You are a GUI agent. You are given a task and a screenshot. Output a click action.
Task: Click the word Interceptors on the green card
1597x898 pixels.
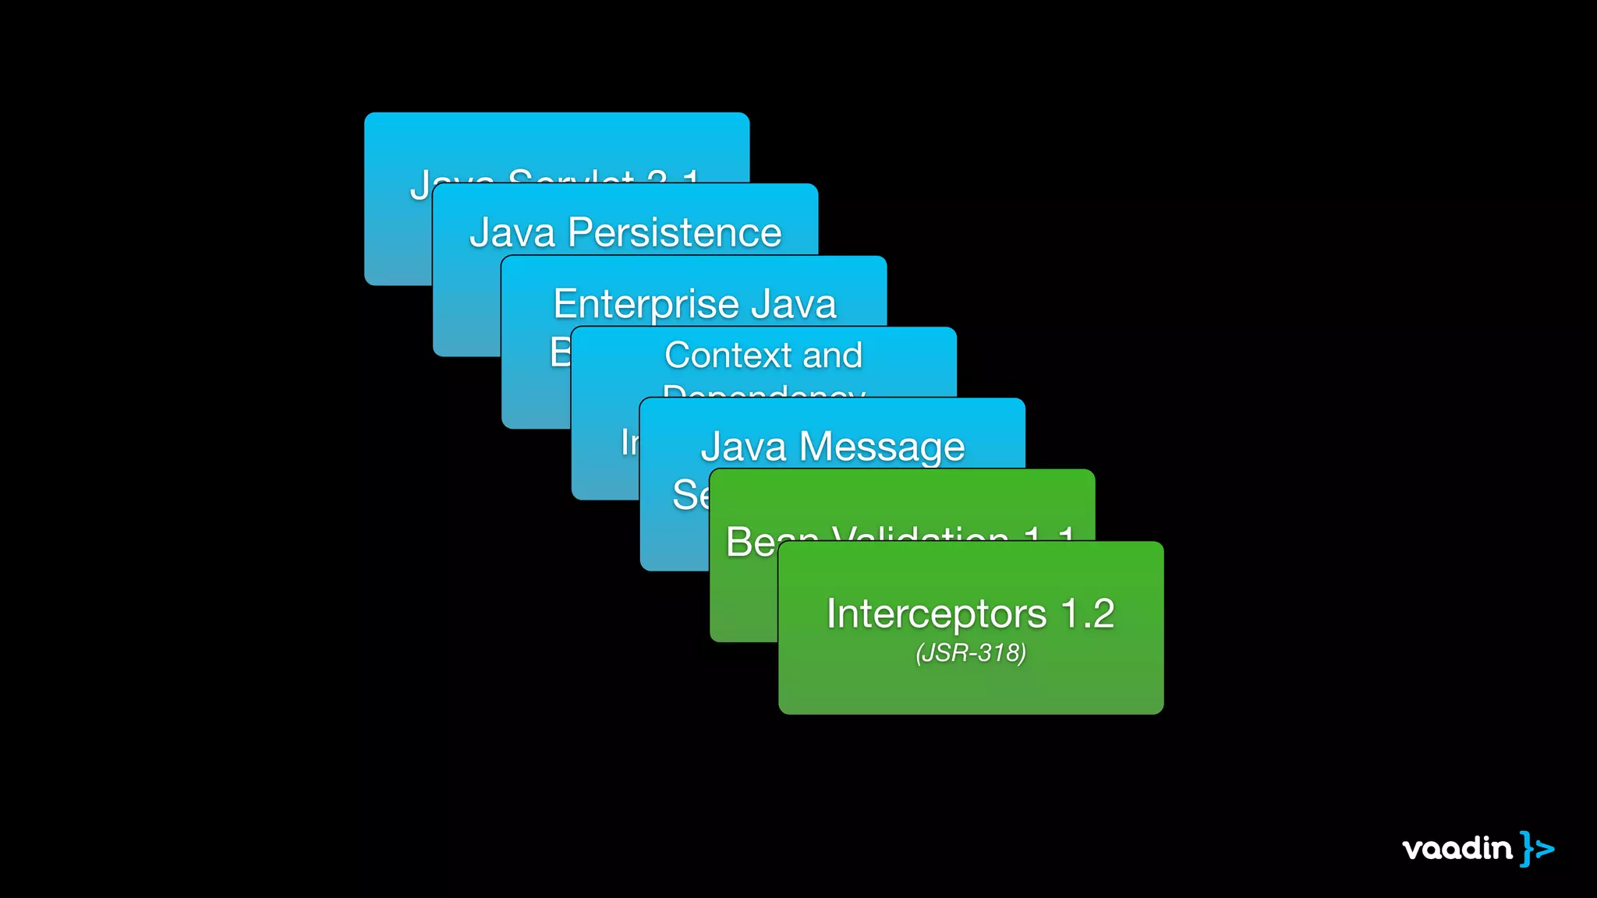pyautogui.click(x=936, y=614)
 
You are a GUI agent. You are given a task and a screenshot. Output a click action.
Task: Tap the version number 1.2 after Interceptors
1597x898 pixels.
pyautogui.click(x=1088, y=613)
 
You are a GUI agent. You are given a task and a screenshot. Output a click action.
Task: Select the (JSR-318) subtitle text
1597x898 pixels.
pyautogui.click(x=971, y=652)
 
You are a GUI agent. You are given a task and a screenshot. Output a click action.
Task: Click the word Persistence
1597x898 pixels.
pyautogui.click(x=675, y=233)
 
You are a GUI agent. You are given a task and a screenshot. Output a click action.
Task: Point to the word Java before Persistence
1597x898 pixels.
pyautogui.click(x=512, y=233)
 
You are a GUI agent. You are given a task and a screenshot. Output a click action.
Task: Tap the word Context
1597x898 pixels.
pyautogui.click(x=728, y=355)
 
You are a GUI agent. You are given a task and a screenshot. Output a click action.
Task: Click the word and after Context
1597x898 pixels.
pyautogui.click(x=833, y=355)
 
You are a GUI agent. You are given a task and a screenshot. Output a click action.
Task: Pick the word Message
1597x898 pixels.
pyautogui.click(x=882, y=447)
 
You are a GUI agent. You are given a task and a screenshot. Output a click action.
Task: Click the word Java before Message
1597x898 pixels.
pyautogui.click(x=743, y=447)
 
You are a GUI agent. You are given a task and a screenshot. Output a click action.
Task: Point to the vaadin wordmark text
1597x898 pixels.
pyautogui.click(x=1457, y=848)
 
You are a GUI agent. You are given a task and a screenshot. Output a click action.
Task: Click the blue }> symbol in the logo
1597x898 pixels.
pyautogui.click(x=1537, y=848)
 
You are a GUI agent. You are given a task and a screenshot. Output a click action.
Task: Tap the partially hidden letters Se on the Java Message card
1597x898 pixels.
pyautogui.click(x=690, y=495)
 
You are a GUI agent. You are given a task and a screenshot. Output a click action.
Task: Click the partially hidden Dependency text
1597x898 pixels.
pyautogui.click(x=764, y=391)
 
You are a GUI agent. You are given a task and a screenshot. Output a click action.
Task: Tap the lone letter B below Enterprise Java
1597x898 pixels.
pyautogui.click(x=560, y=352)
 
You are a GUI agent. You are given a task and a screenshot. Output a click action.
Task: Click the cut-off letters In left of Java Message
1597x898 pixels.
pyautogui.click(x=629, y=443)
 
